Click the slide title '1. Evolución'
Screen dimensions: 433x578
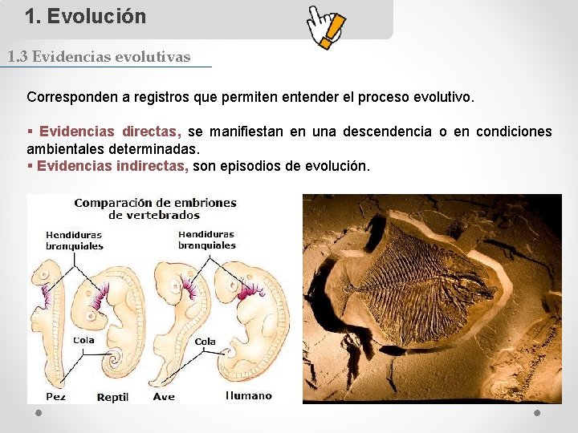[85, 16]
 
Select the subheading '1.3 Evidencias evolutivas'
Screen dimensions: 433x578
[99, 57]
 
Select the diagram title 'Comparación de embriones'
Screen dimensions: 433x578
[155, 203]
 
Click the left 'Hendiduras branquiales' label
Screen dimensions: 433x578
[75, 241]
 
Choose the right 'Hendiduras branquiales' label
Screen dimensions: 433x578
[207, 240]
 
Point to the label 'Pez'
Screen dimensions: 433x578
[55, 396]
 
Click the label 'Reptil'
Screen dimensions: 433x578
[112, 397]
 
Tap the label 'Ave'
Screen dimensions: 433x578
[164, 396]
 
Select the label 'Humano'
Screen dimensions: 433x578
[249, 395]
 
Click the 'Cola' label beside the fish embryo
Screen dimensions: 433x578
[83, 340]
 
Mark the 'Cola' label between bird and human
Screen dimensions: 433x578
[205, 342]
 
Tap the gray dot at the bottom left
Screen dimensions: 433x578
[39, 413]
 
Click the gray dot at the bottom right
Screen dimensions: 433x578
[537, 413]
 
